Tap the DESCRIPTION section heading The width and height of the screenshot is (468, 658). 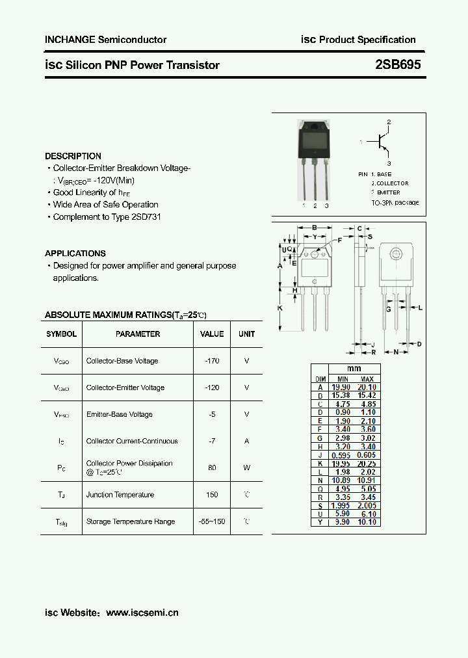[x=73, y=156]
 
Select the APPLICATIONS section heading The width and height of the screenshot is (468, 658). [x=75, y=254]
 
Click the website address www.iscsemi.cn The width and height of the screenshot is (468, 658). [x=142, y=612]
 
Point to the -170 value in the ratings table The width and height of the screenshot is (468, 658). [x=212, y=361]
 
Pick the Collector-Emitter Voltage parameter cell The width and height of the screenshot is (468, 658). [x=125, y=388]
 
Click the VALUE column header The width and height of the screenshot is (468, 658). [x=212, y=334]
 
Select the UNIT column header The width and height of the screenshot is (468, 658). [x=246, y=334]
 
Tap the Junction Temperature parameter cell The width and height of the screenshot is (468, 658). [x=120, y=495]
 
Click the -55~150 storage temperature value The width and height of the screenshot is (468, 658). [x=212, y=521]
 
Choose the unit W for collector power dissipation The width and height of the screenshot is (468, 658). [x=246, y=467]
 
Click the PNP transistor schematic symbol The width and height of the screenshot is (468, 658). [x=380, y=142]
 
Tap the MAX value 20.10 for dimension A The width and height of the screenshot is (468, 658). [x=367, y=388]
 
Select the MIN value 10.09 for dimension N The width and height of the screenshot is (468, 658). [x=342, y=480]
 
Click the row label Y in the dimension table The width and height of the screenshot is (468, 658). [x=320, y=522]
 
